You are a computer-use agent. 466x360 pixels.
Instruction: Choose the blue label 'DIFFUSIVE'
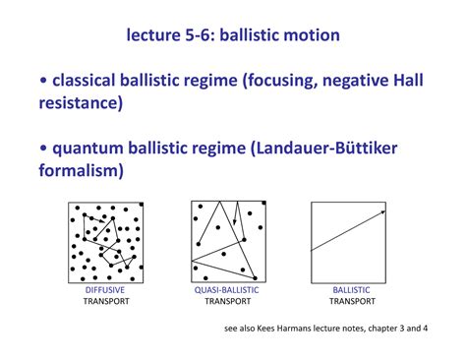click(x=104, y=290)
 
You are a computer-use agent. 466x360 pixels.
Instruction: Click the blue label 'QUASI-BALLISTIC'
click(x=226, y=290)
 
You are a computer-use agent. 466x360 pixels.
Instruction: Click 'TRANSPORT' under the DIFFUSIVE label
click(x=104, y=302)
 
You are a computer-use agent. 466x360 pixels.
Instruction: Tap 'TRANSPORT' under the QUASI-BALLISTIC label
click(x=226, y=302)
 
